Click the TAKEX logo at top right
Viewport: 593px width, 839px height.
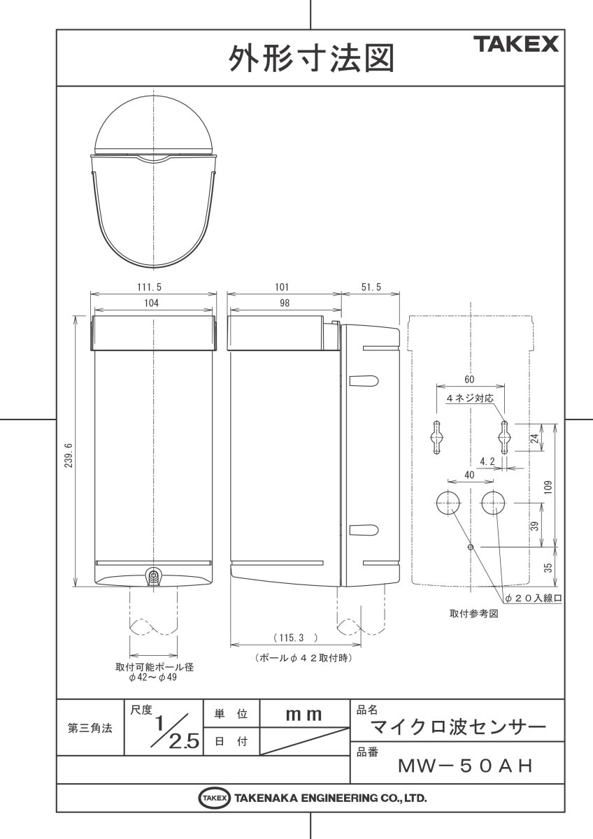(518, 45)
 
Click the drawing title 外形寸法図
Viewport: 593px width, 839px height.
(311, 59)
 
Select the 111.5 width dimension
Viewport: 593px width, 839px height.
(151, 287)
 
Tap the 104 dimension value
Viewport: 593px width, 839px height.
(151, 303)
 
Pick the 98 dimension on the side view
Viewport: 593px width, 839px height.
(283, 303)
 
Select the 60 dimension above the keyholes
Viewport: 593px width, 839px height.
(469, 379)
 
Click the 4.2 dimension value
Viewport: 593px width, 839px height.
(487, 461)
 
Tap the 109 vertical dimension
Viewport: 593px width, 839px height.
(548, 485)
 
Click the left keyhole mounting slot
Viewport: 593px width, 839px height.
(436, 437)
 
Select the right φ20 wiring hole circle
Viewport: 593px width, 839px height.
(494, 502)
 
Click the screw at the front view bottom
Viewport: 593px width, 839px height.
(152, 577)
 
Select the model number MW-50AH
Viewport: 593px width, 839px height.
(465, 766)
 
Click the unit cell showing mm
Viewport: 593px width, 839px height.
(303, 715)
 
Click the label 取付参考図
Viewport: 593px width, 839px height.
(473, 613)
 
